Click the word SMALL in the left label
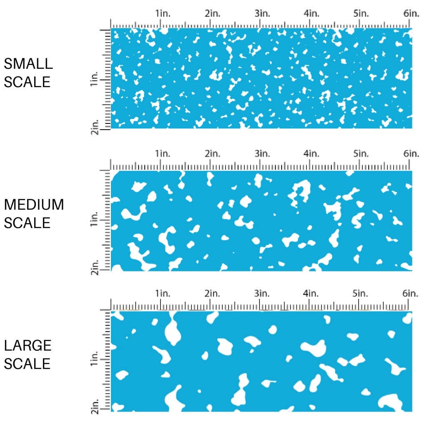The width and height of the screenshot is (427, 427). tap(28, 64)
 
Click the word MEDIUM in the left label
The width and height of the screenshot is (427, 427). tap(34, 205)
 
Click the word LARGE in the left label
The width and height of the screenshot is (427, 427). tap(28, 345)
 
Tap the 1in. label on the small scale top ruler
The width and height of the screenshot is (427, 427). tap(163, 14)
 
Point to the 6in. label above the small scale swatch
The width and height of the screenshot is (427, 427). tap(411, 14)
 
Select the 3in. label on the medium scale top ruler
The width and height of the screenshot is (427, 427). tap(262, 154)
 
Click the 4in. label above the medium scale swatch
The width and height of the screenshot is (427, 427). tap(311, 154)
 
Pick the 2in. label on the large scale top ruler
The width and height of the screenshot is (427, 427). tap(213, 294)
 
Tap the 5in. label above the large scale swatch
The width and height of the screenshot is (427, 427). tap(361, 294)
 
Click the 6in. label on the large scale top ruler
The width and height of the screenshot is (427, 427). tap(411, 294)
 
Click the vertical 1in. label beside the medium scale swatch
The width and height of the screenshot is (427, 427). tap(94, 220)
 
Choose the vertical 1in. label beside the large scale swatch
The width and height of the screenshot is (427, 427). tap(94, 359)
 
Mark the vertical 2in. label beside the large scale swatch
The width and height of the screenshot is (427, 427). tap(94, 407)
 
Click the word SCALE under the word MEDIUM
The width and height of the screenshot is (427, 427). tap(27, 223)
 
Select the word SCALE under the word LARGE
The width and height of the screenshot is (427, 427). tap(27, 364)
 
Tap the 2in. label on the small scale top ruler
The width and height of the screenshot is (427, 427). tap(213, 14)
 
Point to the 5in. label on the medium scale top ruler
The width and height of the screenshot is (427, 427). tap(361, 154)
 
